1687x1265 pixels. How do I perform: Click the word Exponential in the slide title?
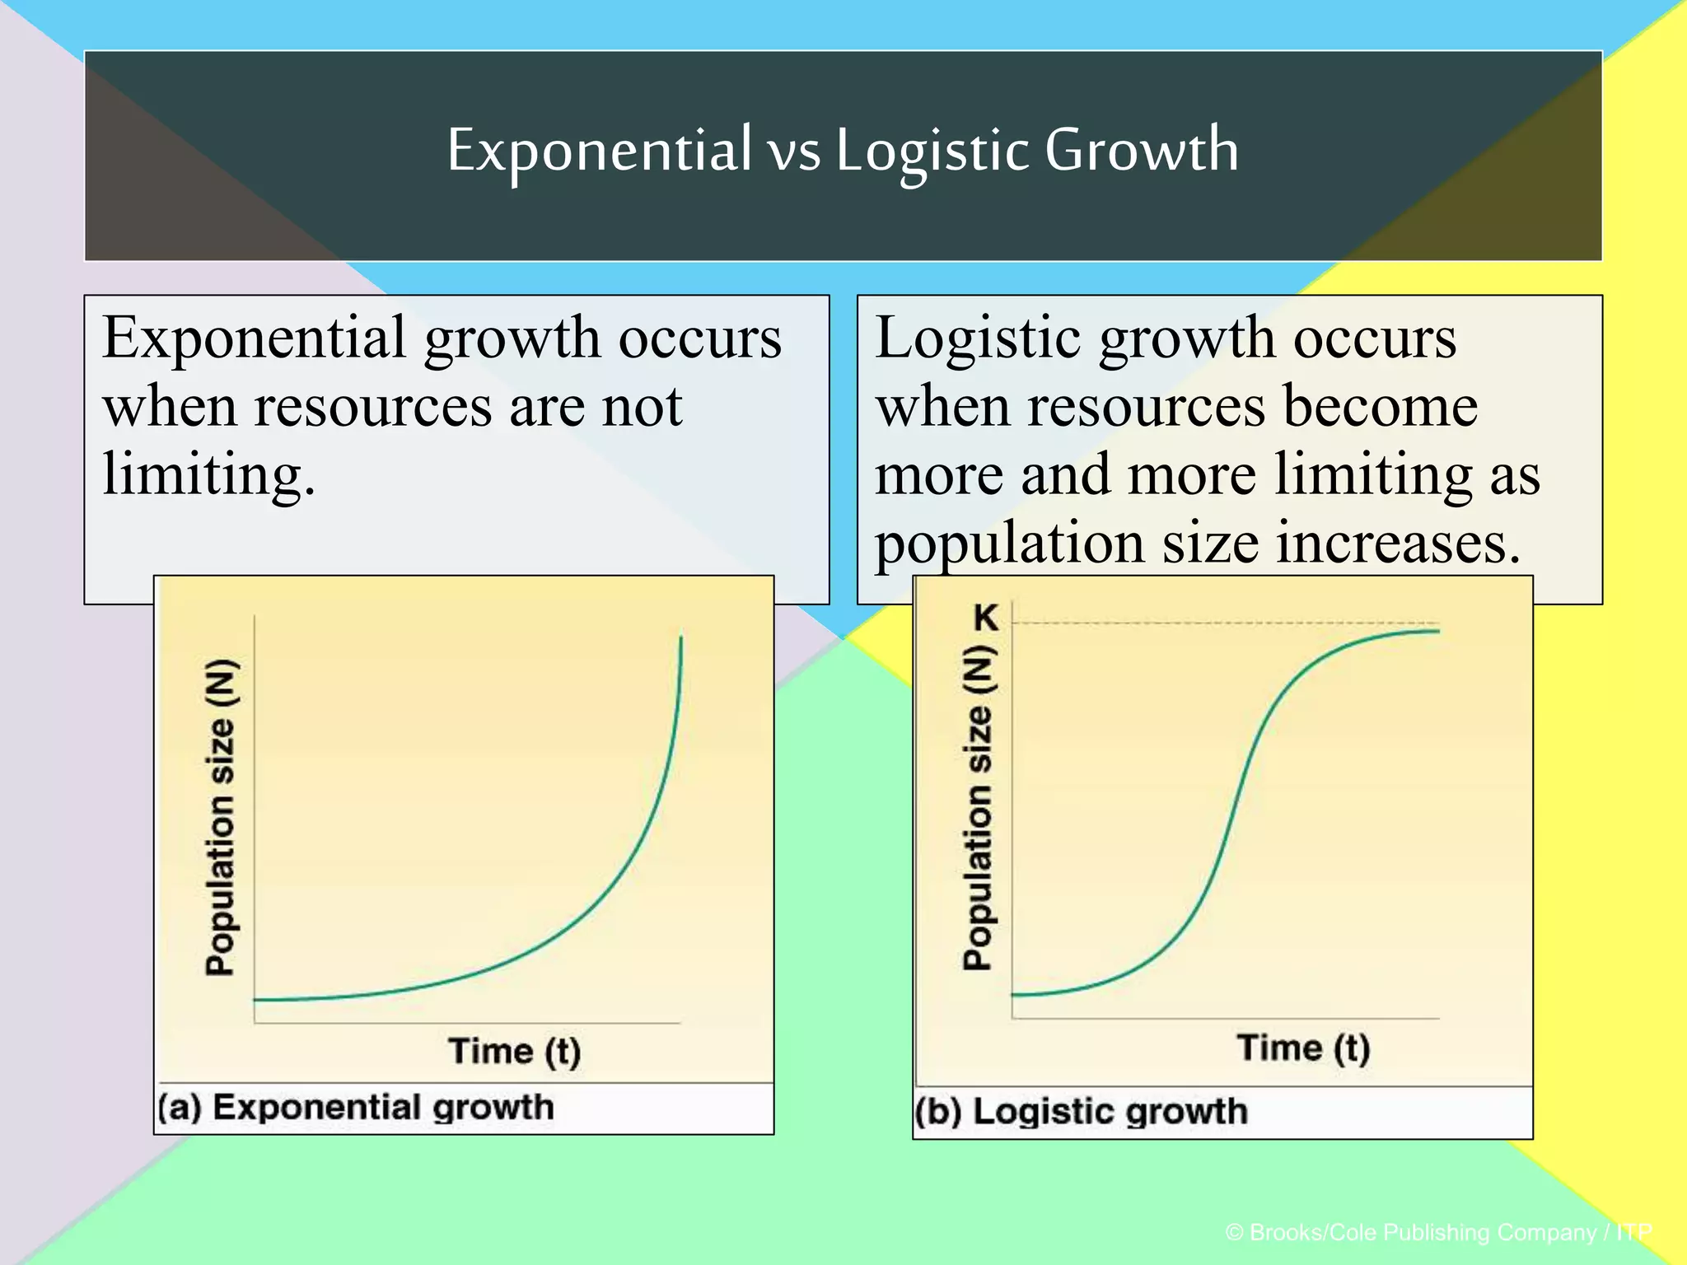(x=599, y=150)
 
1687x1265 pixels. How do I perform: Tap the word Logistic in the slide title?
(x=932, y=152)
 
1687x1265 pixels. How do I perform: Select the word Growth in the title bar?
(x=1142, y=150)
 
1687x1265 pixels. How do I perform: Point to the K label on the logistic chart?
(x=985, y=617)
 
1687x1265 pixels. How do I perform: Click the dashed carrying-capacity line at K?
(x=1219, y=623)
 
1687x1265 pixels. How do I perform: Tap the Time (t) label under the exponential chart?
(x=515, y=1052)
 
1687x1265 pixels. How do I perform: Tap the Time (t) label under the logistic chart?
(x=1304, y=1048)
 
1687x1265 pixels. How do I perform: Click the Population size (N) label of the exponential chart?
(x=221, y=817)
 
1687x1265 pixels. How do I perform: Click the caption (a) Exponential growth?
(x=356, y=1108)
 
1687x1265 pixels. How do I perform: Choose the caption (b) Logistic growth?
(x=1082, y=1112)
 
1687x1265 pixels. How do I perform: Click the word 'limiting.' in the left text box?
(x=209, y=475)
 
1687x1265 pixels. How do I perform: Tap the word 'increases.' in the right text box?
(x=1397, y=544)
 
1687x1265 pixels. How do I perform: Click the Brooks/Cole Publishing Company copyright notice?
(x=1438, y=1232)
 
